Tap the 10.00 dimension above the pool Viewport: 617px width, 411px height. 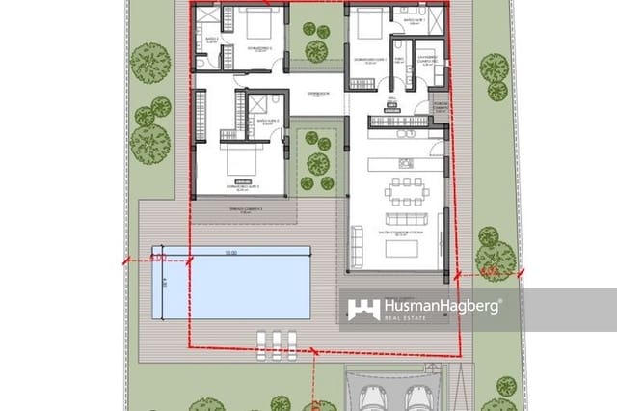point(230,253)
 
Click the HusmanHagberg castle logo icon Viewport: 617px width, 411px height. point(363,309)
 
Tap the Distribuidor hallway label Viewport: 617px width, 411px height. point(319,94)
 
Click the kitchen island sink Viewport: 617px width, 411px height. point(405,162)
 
